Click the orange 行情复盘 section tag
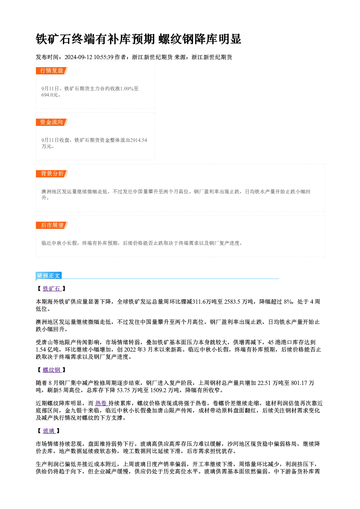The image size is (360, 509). (52, 71)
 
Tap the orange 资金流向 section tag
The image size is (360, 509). (52, 122)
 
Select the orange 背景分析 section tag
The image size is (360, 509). (52, 174)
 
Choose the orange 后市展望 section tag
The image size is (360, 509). (52, 225)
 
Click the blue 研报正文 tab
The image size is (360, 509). (49, 276)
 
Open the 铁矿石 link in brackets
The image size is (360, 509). (52, 288)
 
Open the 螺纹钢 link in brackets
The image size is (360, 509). (52, 370)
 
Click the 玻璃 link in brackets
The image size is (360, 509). (49, 431)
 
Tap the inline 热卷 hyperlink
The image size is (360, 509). (101, 403)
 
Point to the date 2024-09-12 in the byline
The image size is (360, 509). (78, 57)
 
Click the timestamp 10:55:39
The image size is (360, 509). (103, 57)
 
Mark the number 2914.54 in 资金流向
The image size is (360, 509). (139, 140)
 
